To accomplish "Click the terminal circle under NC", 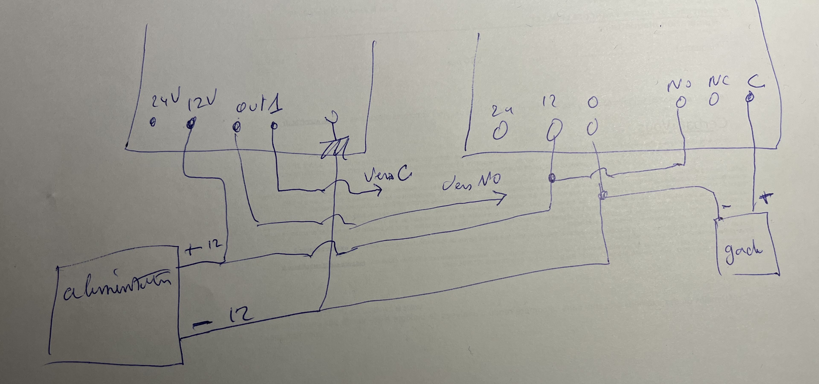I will (x=714, y=100).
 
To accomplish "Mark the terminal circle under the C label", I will (x=750, y=97).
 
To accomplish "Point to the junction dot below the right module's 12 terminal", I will (x=552, y=178).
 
